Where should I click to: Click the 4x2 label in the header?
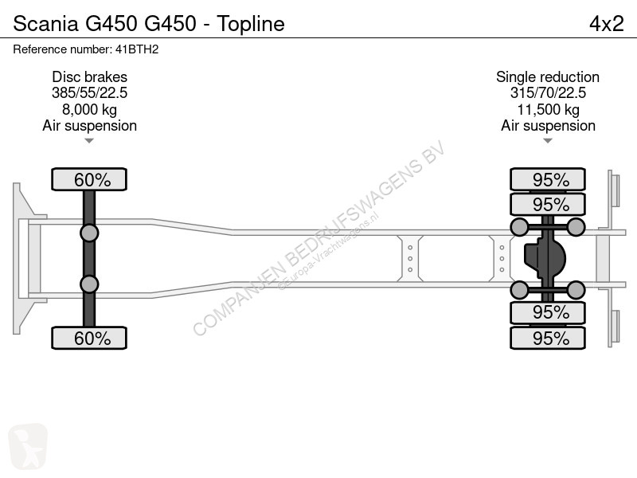click(x=606, y=24)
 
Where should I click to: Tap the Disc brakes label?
click(x=89, y=77)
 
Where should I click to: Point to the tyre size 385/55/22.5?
click(x=89, y=93)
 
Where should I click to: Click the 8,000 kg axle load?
click(x=89, y=109)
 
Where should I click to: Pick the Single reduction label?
click(x=548, y=77)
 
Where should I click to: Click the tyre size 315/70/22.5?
click(x=548, y=93)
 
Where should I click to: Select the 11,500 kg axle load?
click(x=548, y=109)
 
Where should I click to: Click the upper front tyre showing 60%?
click(x=89, y=180)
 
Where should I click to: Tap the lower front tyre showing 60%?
click(x=89, y=338)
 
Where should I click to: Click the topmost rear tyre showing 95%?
click(x=548, y=180)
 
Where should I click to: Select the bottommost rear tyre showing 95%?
click(x=548, y=338)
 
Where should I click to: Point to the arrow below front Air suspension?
click(x=89, y=141)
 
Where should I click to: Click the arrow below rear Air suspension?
click(x=548, y=141)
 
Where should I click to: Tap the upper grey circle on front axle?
click(x=89, y=233)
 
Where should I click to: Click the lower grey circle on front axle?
click(x=89, y=284)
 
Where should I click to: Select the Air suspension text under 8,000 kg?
click(x=89, y=126)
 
